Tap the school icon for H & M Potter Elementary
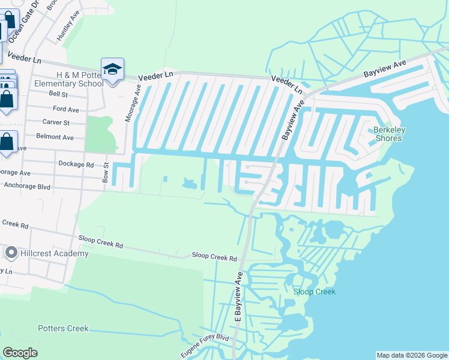click(x=112, y=70)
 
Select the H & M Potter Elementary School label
click(x=80, y=79)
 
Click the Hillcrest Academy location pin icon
click(x=10, y=253)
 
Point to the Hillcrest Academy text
click(x=55, y=253)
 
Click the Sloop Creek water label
click(x=314, y=292)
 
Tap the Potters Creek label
click(x=63, y=328)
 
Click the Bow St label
click(x=106, y=173)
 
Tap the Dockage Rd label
click(x=76, y=164)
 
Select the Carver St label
click(x=56, y=122)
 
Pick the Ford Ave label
click(x=66, y=109)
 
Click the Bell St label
click(x=59, y=94)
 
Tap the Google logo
click(x=20, y=353)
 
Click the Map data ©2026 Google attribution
click(x=412, y=355)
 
